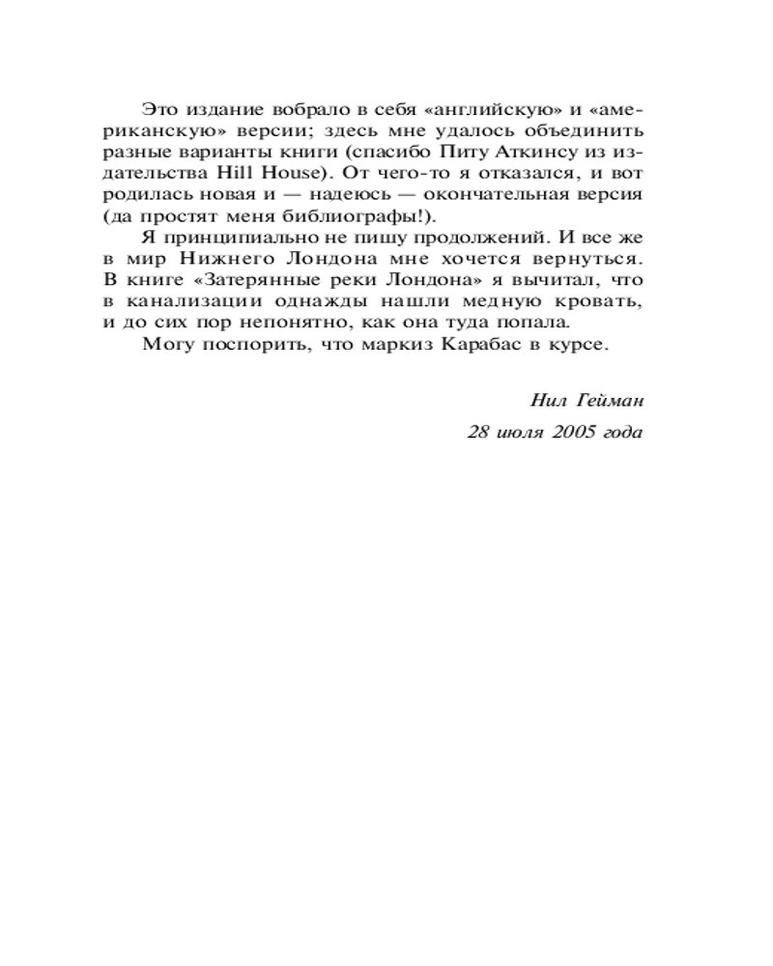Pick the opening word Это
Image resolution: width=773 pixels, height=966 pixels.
click(157, 107)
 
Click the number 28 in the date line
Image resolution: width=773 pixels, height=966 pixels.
click(478, 432)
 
